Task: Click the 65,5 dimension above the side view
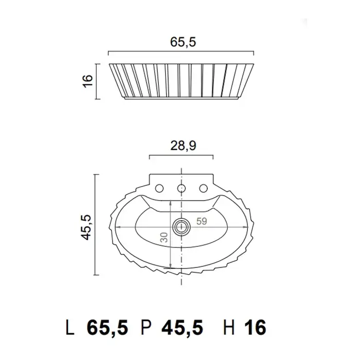[183, 42]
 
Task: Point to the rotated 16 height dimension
[87, 80]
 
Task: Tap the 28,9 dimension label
[183, 146]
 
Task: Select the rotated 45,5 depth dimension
[87, 227]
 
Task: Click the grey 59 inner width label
[202, 221]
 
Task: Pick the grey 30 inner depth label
[164, 237]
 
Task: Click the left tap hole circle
[159, 189]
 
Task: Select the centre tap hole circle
[182, 189]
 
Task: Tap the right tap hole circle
[203, 189]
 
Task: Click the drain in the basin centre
[182, 227]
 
